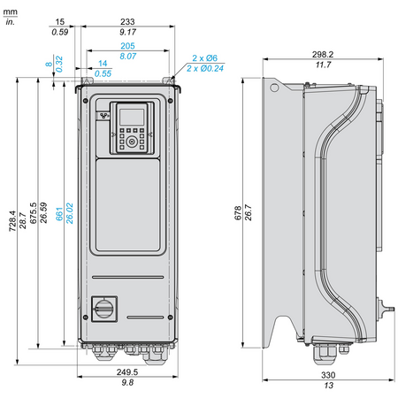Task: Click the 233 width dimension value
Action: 127,21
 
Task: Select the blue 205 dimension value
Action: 127,46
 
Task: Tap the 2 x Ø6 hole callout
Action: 204,58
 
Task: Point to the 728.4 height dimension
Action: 11,221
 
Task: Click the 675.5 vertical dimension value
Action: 33,213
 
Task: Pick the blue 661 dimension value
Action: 59,214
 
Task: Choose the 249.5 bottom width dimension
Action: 127,371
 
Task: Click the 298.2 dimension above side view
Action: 323,54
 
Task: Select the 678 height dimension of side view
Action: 238,212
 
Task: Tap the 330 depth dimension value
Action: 328,375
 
